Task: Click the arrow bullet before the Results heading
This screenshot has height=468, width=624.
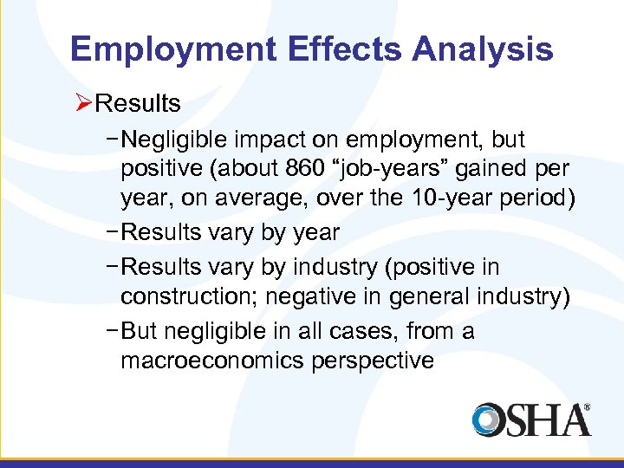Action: [x=82, y=104]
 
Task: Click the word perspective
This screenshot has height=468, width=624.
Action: [x=371, y=360]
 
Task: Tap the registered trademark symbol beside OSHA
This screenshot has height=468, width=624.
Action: [x=587, y=406]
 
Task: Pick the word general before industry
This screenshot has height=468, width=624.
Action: [x=432, y=297]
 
